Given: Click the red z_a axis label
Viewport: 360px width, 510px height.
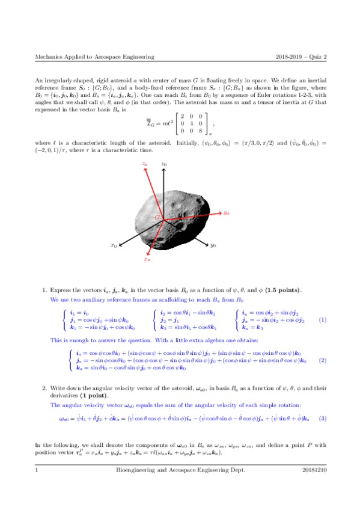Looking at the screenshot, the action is (x=145, y=163).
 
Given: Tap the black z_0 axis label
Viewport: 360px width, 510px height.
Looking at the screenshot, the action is (x=163, y=164).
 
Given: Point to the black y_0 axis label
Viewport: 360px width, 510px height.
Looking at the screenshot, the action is (x=213, y=245).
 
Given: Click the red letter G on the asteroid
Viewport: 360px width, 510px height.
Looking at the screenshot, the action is (x=157, y=217).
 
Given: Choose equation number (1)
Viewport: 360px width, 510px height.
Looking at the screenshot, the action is (x=323, y=320).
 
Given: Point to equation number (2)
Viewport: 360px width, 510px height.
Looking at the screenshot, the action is (x=323, y=360).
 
